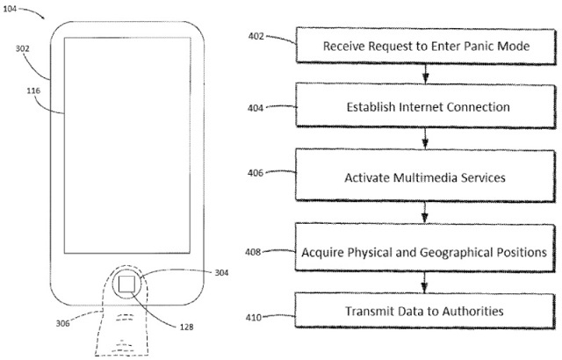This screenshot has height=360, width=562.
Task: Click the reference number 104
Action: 10,8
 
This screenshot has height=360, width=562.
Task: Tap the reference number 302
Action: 22,48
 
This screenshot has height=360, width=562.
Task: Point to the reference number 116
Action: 33,91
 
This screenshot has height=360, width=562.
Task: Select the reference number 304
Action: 221,272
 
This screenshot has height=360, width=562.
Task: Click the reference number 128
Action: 186,327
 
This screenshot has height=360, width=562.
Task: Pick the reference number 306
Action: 62,323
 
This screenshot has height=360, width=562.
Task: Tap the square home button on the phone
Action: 126,284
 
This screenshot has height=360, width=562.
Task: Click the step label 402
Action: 256,36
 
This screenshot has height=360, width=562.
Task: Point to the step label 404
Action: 256,108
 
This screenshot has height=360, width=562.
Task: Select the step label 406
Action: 256,173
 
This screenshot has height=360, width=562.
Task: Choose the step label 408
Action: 253,252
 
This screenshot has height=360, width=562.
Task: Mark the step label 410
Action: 254,317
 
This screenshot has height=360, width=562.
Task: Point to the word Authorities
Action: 472,311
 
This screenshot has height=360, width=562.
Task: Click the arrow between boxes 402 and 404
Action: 425,74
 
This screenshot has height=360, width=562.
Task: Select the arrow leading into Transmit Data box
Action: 424,282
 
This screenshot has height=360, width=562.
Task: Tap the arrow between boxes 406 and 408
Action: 425,212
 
